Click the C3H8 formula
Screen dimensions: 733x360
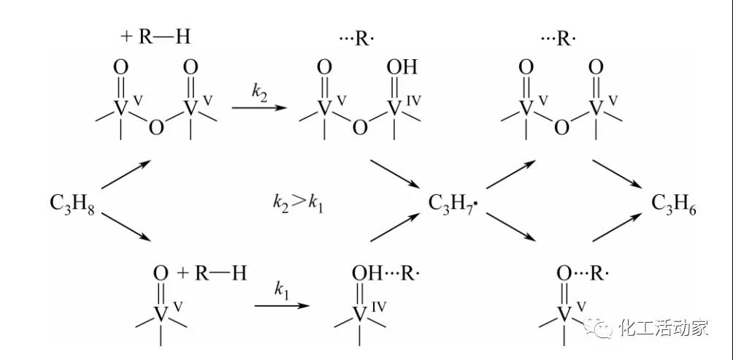[72, 204]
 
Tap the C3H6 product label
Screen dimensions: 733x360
[674, 204]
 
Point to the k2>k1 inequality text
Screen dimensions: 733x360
[298, 204]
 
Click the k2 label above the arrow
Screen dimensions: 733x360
[260, 91]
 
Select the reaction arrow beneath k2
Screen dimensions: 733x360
[259, 108]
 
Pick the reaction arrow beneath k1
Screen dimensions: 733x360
[282, 306]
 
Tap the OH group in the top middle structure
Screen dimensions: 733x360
[402, 68]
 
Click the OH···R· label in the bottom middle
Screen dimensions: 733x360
[385, 272]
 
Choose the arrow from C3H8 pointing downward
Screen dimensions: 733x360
[126, 227]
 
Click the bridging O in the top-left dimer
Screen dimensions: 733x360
[156, 127]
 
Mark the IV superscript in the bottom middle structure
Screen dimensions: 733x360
[379, 306]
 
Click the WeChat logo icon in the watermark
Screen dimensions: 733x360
[599, 328]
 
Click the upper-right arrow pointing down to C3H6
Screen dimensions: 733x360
[618, 175]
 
